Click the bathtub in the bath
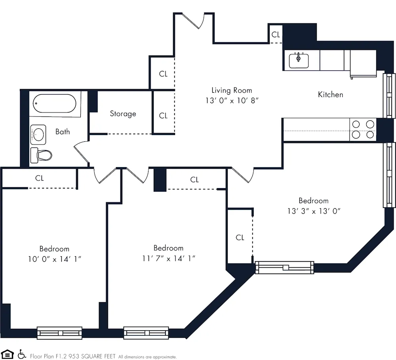[x=55, y=104]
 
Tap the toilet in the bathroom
[x=41, y=154]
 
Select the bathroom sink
[x=38, y=134]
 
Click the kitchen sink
[x=299, y=61]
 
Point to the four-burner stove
[x=363, y=130]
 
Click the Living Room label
[x=231, y=90]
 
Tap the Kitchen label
[x=330, y=95]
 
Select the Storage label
[x=123, y=114]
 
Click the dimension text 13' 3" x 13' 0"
[x=314, y=211]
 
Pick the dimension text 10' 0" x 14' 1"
[x=54, y=259]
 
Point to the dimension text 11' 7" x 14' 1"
[x=168, y=259]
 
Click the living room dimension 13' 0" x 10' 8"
[x=231, y=101]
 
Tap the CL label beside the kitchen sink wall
[x=276, y=35]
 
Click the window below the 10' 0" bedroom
[x=59, y=333]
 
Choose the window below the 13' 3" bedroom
[x=284, y=268]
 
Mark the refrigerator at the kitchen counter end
[x=363, y=63]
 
